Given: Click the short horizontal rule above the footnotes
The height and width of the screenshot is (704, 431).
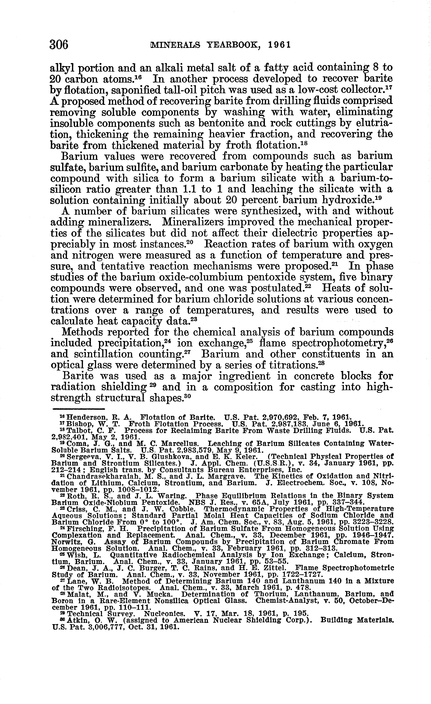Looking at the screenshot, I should [79, 409].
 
